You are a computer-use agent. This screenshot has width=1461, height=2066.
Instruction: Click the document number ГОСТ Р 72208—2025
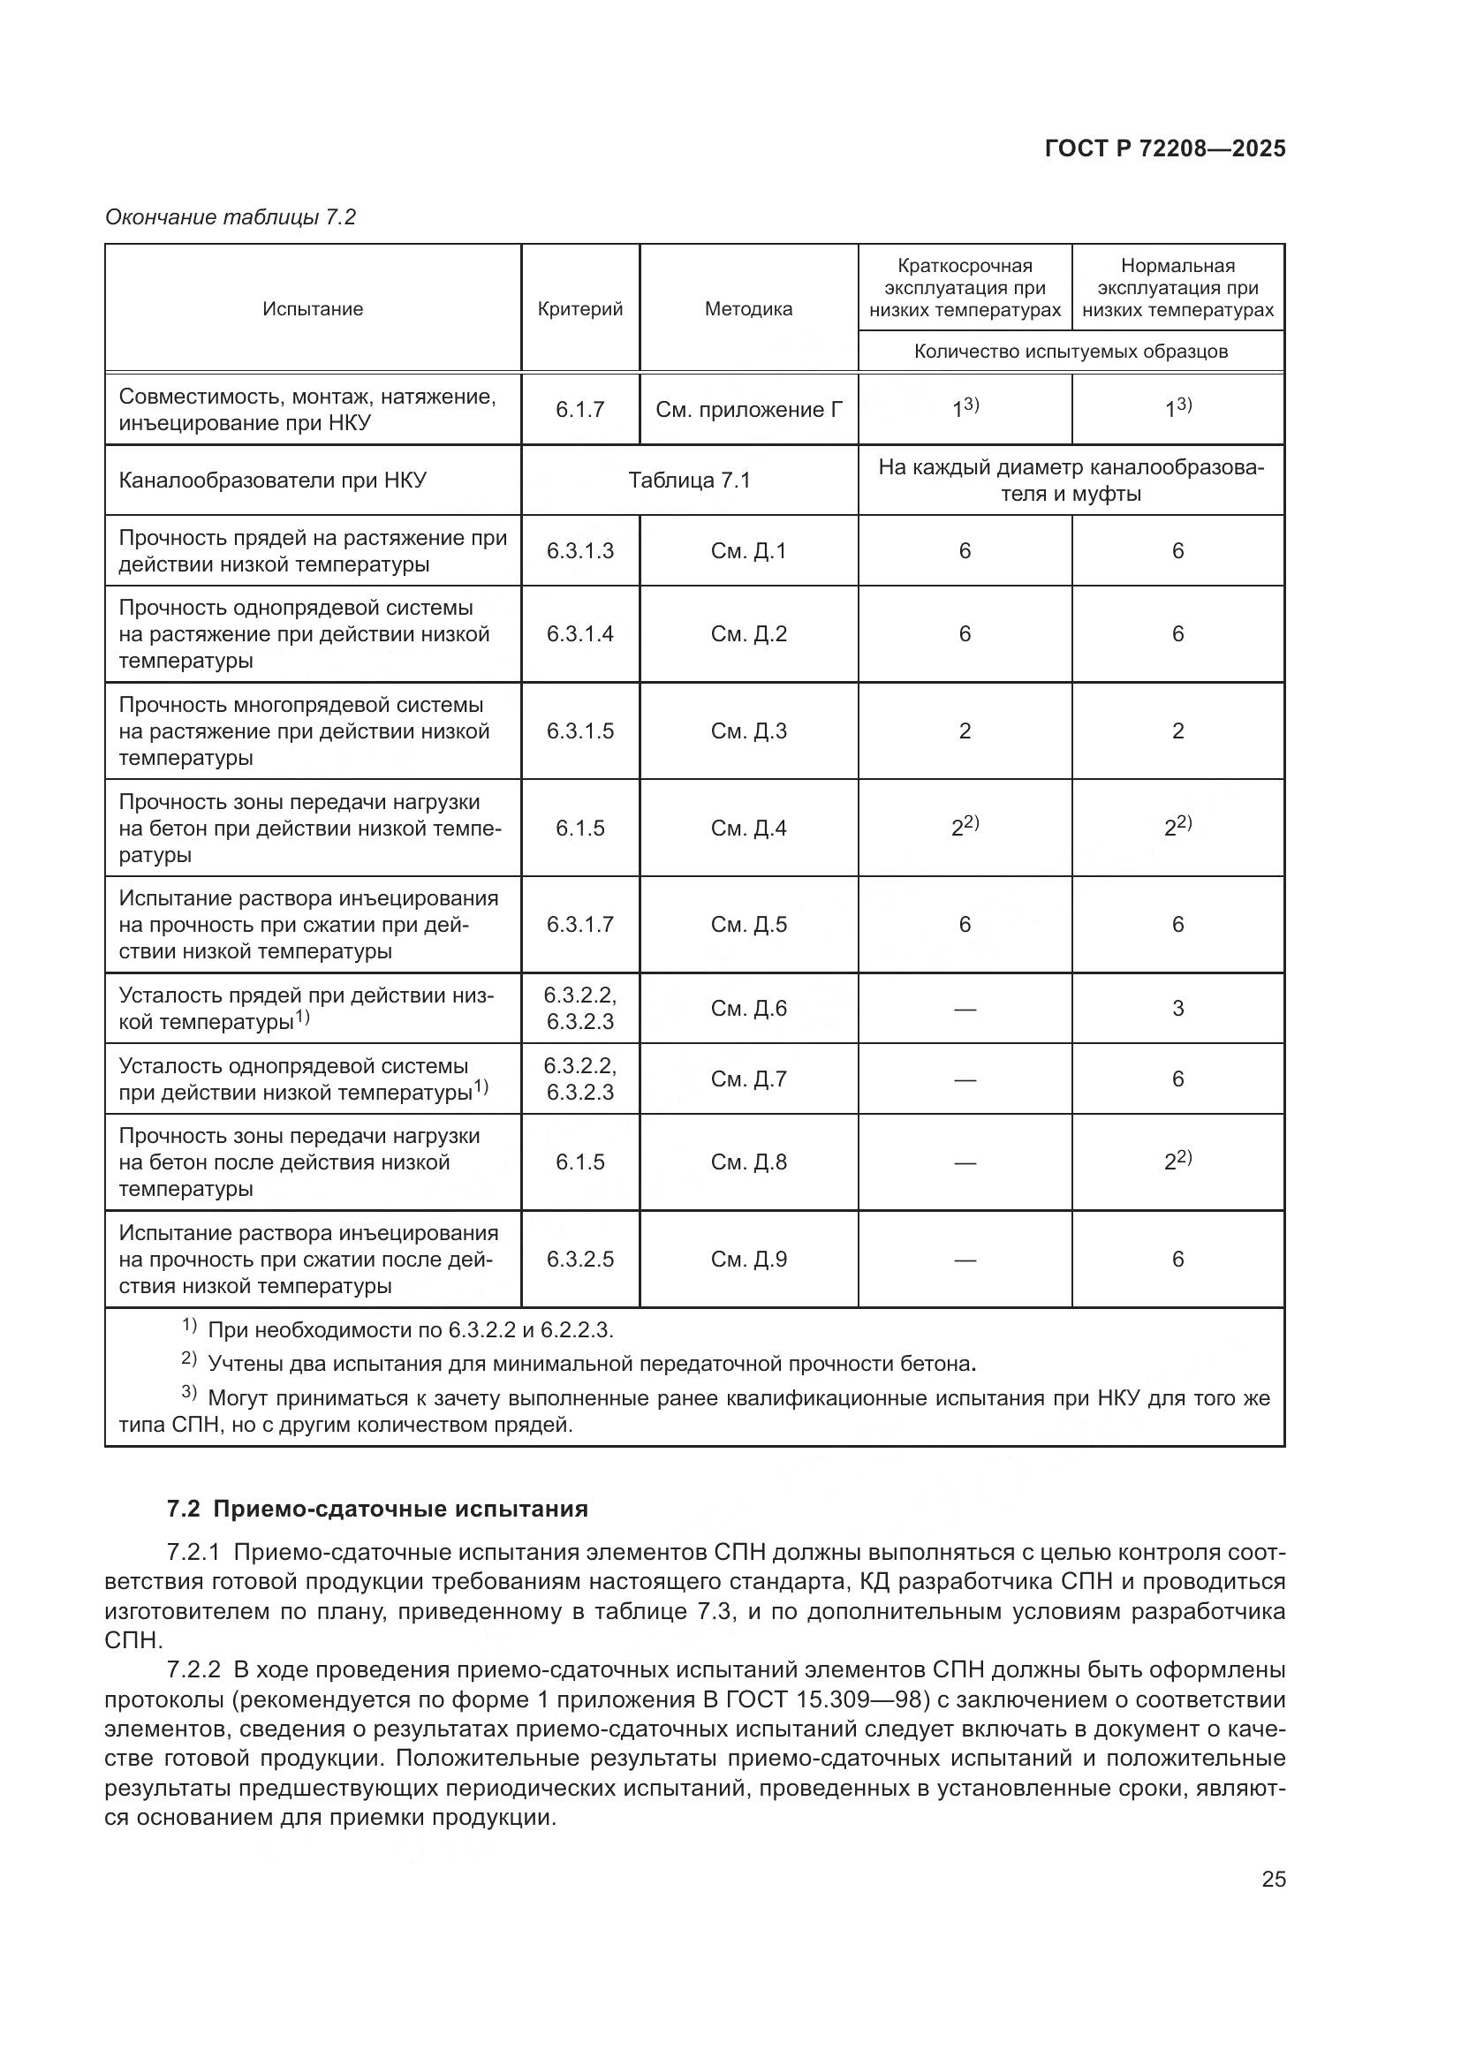pos(1164,148)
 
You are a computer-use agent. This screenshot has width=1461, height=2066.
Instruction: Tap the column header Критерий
pos(579,308)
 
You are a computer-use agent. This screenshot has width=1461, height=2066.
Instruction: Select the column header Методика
pos(748,308)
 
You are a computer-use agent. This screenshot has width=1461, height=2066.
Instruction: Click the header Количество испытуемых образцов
pos(1071,351)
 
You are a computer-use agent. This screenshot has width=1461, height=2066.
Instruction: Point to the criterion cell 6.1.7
pos(579,410)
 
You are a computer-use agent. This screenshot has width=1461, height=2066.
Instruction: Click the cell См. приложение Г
pos(748,410)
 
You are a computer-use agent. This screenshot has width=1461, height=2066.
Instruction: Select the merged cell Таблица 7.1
pos(689,480)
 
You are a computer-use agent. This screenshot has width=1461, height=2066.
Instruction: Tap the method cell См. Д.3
pos(748,730)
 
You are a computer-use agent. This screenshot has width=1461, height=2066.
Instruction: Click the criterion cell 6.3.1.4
pos(579,633)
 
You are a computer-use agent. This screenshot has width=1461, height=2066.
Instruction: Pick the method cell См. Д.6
pos(748,1008)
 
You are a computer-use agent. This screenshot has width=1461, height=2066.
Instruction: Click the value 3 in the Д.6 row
pos(1177,1008)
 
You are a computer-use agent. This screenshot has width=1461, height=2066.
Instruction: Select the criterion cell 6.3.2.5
pos(579,1259)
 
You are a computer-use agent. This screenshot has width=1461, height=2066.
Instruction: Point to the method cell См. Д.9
pos(748,1259)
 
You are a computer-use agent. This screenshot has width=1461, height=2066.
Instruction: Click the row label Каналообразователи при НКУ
pos(273,480)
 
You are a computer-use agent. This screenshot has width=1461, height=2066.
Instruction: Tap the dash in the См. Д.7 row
pos(965,1078)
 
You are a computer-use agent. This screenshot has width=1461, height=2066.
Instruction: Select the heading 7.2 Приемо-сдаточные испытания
pos(377,1509)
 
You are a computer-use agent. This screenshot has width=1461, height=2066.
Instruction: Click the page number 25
pos(1273,1879)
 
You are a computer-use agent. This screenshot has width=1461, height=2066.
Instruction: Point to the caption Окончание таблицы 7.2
pos(231,217)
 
